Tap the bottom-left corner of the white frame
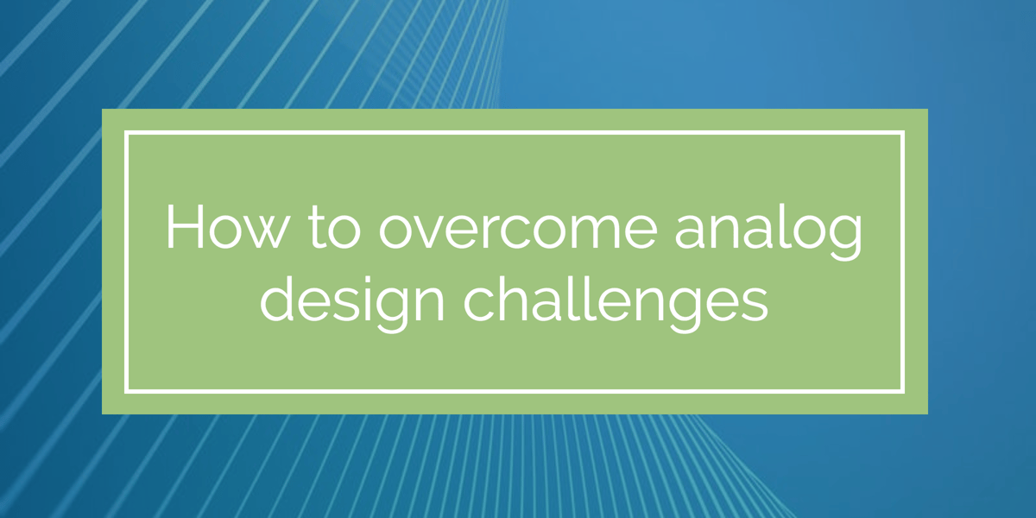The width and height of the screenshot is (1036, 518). pyautogui.click(x=127, y=390)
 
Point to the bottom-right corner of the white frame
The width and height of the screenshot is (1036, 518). pyautogui.click(x=902, y=390)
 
